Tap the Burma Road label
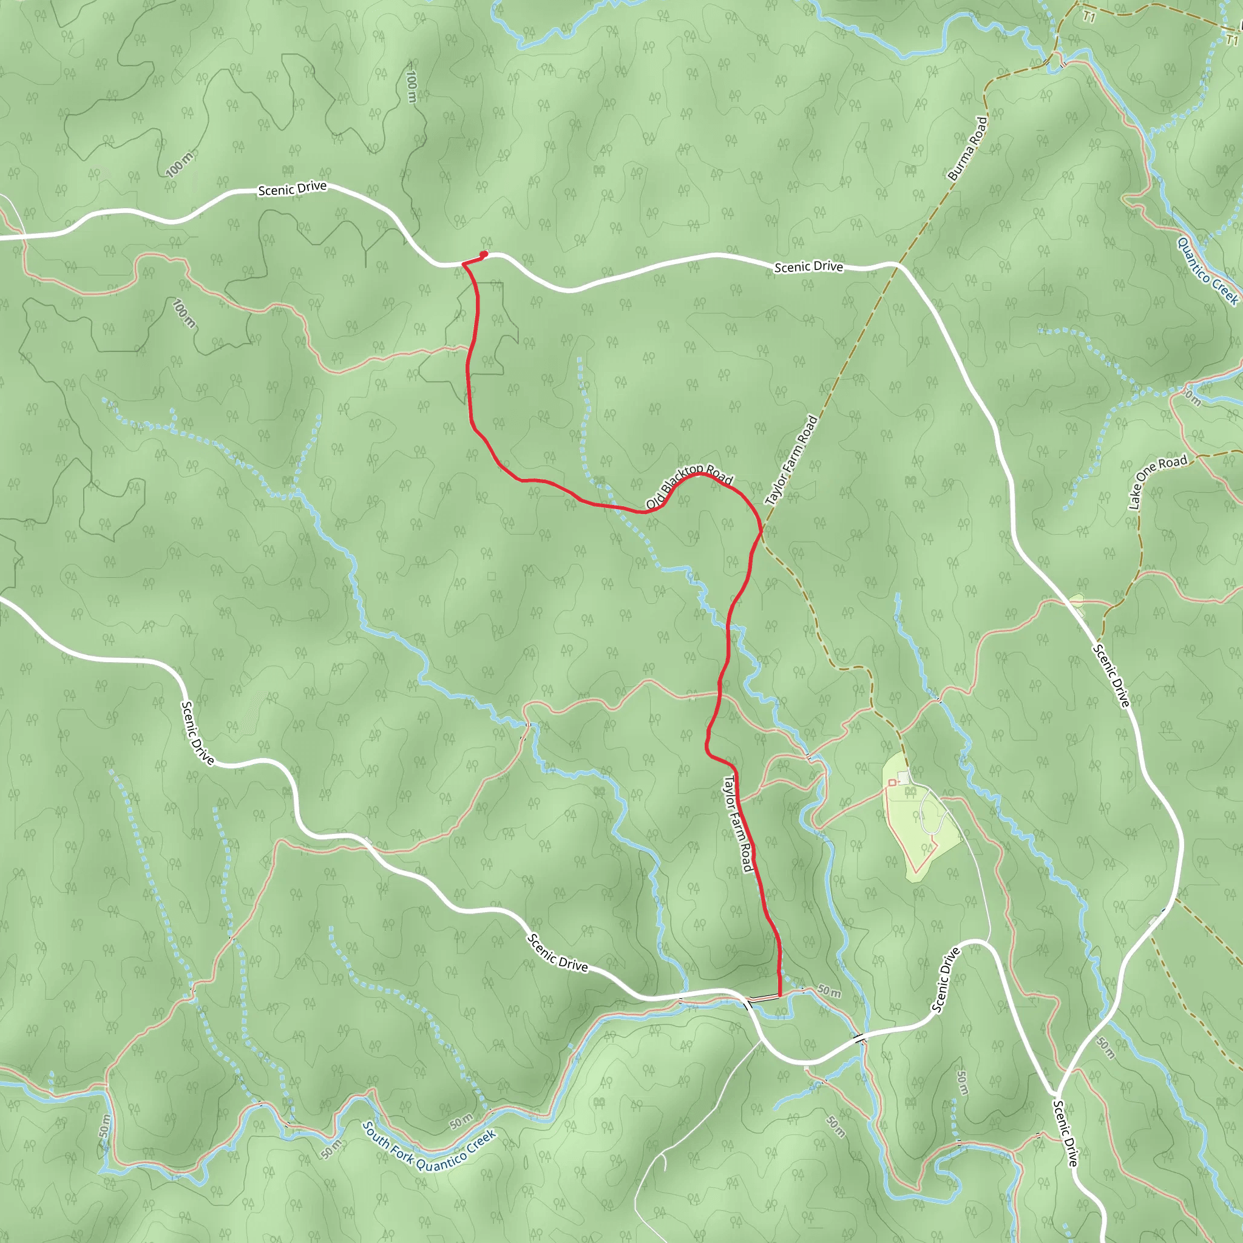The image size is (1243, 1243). tap(967, 148)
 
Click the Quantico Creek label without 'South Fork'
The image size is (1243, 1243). tap(1208, 271)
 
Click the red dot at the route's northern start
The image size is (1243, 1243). tap(484, 254)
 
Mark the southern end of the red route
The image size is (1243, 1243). tap(779, 995)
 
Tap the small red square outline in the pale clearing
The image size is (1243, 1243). tap(892, 782)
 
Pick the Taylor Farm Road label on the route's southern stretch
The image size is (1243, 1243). tap(738, 823)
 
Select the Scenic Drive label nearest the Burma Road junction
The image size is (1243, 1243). tap(808, 266)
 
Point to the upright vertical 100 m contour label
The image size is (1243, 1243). tap(411, 86)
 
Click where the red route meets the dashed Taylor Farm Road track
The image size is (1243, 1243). tap(762, 531)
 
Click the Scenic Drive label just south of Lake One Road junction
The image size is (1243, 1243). tap(1111, 675)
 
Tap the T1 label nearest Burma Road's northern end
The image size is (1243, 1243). tap(1088, 17)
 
